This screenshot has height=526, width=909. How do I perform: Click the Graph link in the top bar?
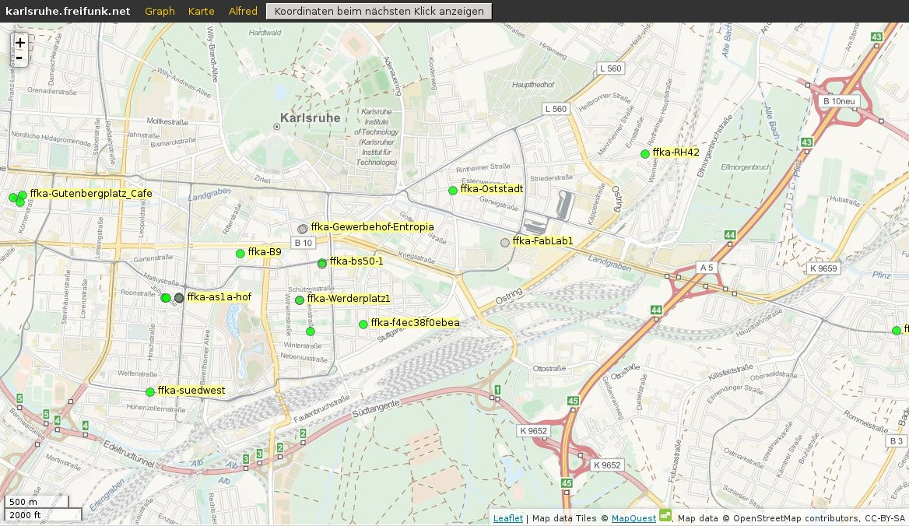160,11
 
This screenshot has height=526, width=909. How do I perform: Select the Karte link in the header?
201,11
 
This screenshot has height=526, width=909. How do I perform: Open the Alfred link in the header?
243,11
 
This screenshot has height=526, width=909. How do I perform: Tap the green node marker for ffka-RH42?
644,154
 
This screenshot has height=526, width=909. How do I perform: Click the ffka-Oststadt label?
492,189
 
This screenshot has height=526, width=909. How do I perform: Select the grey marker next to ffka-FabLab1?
505,243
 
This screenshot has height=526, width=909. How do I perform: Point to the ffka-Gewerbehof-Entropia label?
372,227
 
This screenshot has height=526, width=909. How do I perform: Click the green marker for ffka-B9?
240,254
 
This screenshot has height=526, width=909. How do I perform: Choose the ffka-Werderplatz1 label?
348,299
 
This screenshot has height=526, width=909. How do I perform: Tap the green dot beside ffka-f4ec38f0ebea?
363,324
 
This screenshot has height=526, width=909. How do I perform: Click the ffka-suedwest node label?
191,391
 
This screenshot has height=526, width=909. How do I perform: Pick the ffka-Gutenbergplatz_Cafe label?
91,194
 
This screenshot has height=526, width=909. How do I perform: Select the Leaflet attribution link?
508,518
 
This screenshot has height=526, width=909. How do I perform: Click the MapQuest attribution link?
633,518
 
